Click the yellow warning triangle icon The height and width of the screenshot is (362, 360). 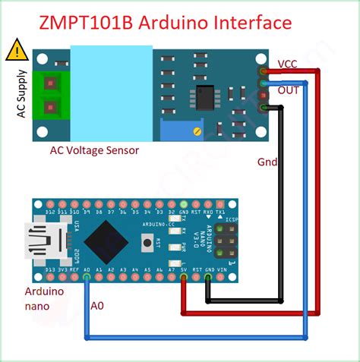tap(14, 51)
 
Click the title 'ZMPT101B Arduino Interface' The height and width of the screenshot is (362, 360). tap(165, 22)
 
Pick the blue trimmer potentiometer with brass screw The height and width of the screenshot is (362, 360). tap(197, 130)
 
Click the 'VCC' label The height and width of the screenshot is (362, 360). tap(289, 64)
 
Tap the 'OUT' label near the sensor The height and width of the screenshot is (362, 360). tap(289, 90)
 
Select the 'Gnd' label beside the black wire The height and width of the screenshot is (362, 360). tap(267, 162)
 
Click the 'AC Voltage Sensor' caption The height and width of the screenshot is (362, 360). tap(95, 150)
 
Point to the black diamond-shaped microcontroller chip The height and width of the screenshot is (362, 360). tap(106, 241)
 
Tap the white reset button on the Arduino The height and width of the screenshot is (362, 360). tap(148, 244)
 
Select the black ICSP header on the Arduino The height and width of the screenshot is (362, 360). tap(226, 243)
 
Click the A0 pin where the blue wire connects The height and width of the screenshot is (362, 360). tap(87, 277)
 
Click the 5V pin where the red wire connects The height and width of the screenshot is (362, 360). tap(184, 277)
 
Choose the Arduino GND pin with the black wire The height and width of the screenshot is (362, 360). tap(209, 277)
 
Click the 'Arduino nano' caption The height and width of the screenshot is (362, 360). tap(45, 298)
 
